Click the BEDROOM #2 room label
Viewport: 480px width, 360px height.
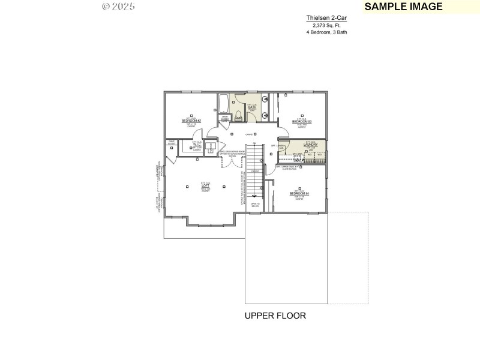point(191,121)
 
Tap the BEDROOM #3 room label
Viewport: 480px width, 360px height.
point(302,121)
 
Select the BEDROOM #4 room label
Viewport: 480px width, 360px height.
point(299,193)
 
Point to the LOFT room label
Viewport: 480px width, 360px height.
point(205,186)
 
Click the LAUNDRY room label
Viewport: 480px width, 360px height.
point(310,145)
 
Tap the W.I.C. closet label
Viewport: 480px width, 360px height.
point(197,145)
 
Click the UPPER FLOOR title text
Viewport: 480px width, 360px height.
point(275,316)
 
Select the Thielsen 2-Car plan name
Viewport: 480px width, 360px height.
point(326,19)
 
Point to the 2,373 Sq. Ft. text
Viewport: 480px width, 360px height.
point(326,25)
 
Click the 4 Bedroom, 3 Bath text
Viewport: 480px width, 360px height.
point(326,32)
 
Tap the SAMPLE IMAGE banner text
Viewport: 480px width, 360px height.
point(403,7)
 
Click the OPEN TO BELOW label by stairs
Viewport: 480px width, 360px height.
point(254,205)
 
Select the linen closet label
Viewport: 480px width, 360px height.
point(225,118)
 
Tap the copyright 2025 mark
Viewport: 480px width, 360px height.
point(118,7)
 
